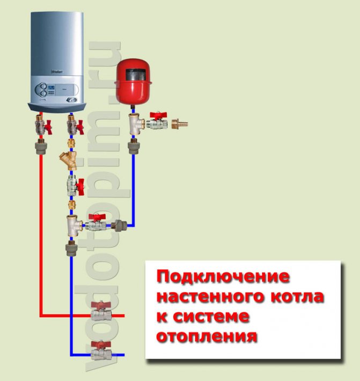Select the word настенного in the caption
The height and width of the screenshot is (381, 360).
pos(204,297)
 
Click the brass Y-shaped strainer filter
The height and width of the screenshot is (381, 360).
pos(70,160)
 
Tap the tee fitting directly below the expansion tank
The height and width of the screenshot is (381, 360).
pos(134,124)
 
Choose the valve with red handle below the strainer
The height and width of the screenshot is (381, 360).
pos(72,186)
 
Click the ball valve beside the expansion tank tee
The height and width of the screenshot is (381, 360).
pos(157,123)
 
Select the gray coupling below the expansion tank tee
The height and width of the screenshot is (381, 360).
pos(133,146)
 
